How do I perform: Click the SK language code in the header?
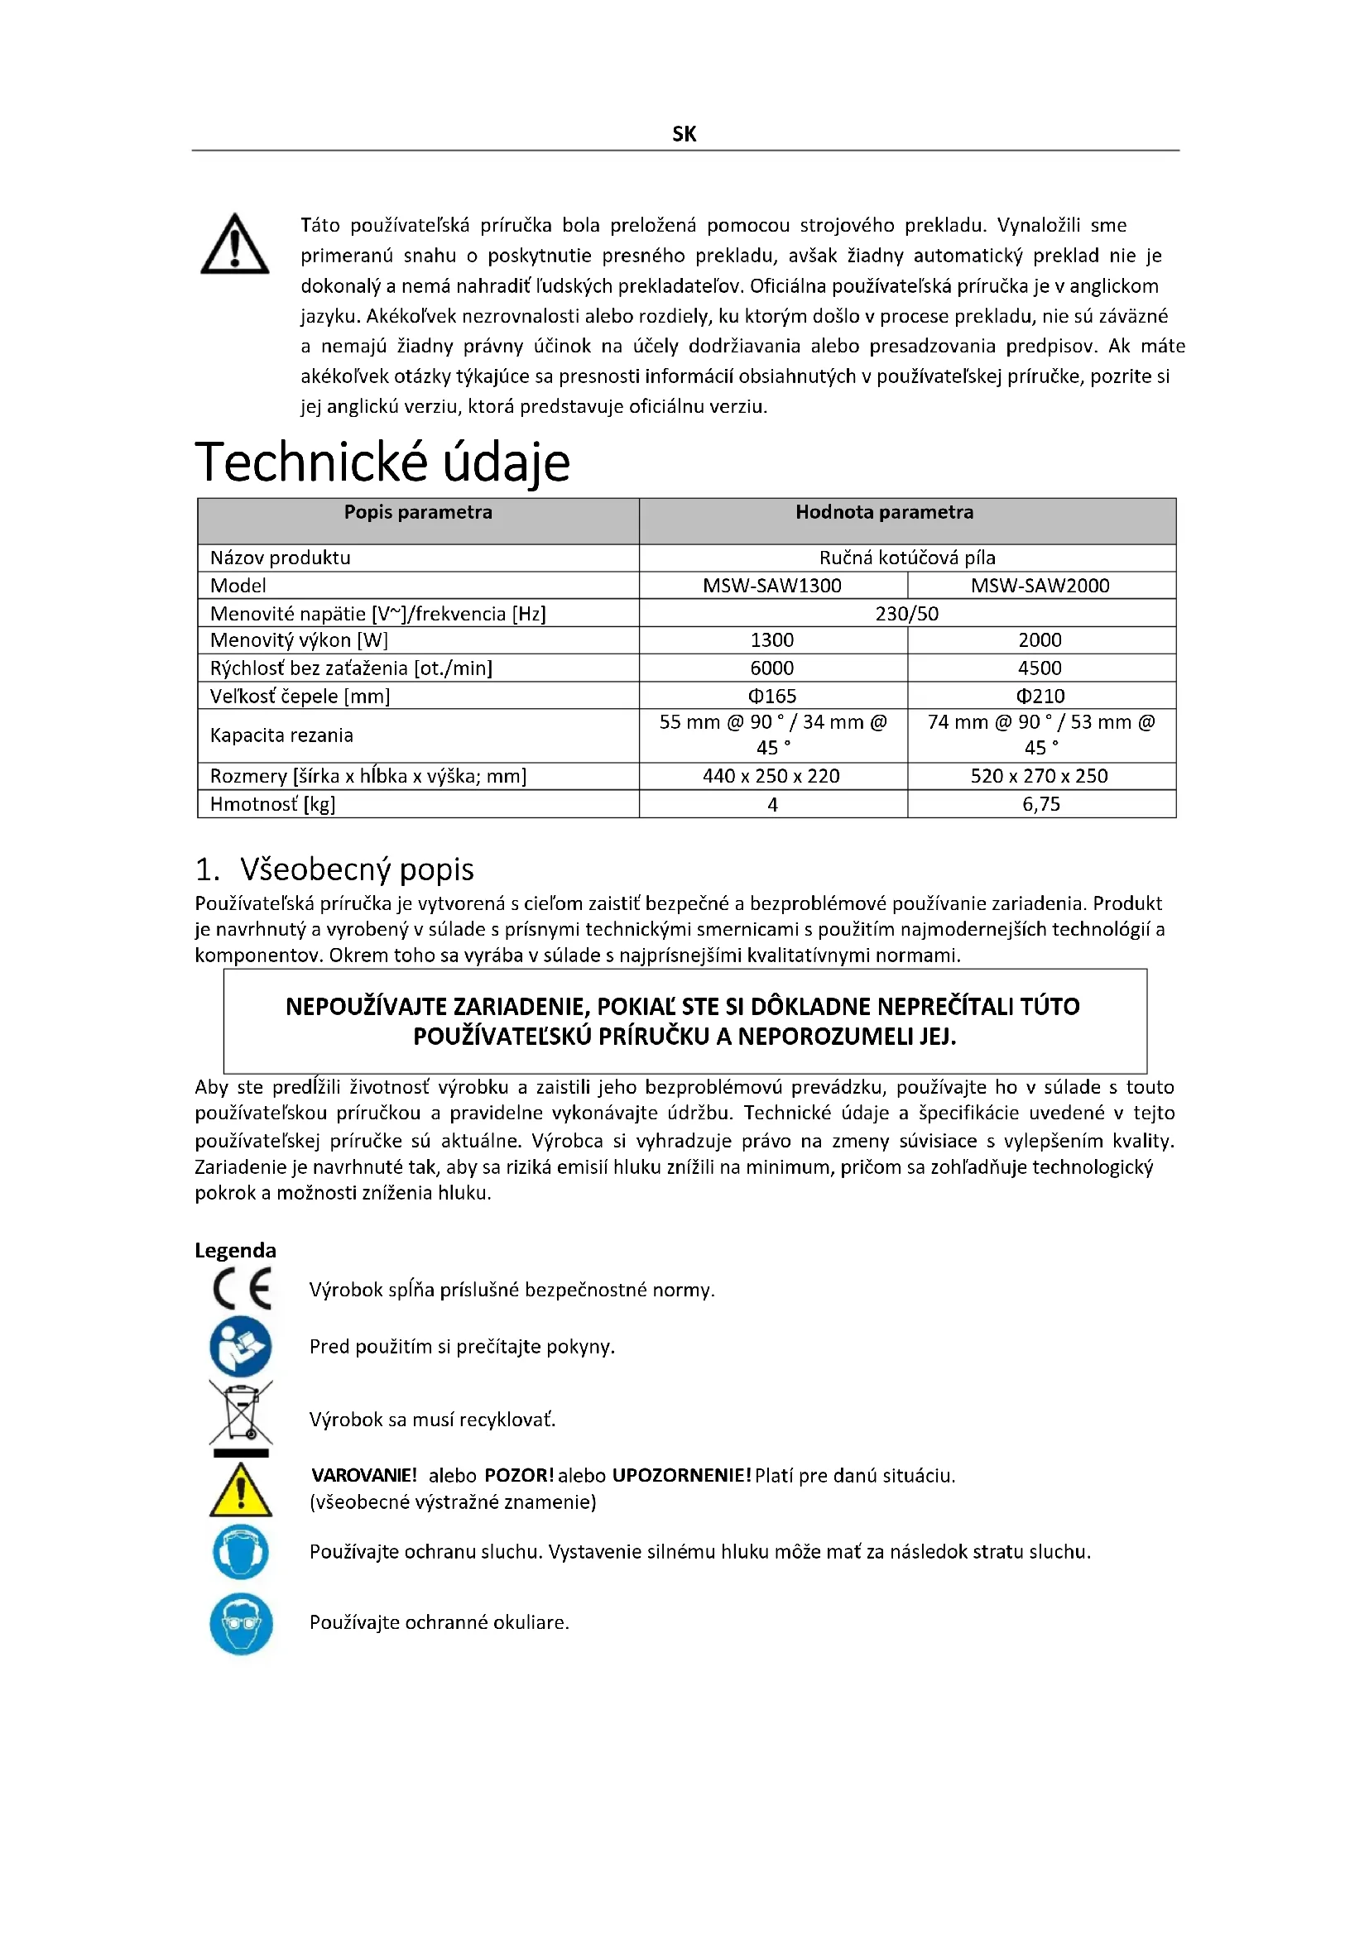684,134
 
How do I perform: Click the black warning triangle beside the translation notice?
234,245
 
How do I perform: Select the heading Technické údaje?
382,462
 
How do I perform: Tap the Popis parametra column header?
417,512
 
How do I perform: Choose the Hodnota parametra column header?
884,512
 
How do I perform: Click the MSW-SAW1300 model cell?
772,586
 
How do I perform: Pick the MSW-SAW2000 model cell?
1040,586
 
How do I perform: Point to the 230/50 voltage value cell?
907,614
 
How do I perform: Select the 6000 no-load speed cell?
772,668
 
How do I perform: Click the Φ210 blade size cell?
1040,696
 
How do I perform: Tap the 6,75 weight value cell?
1041,804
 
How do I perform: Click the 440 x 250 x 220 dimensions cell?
771,776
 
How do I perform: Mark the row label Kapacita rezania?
281,735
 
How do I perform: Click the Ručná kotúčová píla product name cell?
907,558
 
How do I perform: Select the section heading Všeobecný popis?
357,869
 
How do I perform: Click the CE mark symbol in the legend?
242,1290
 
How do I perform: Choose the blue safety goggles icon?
241,1624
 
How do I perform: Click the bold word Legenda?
235,1250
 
